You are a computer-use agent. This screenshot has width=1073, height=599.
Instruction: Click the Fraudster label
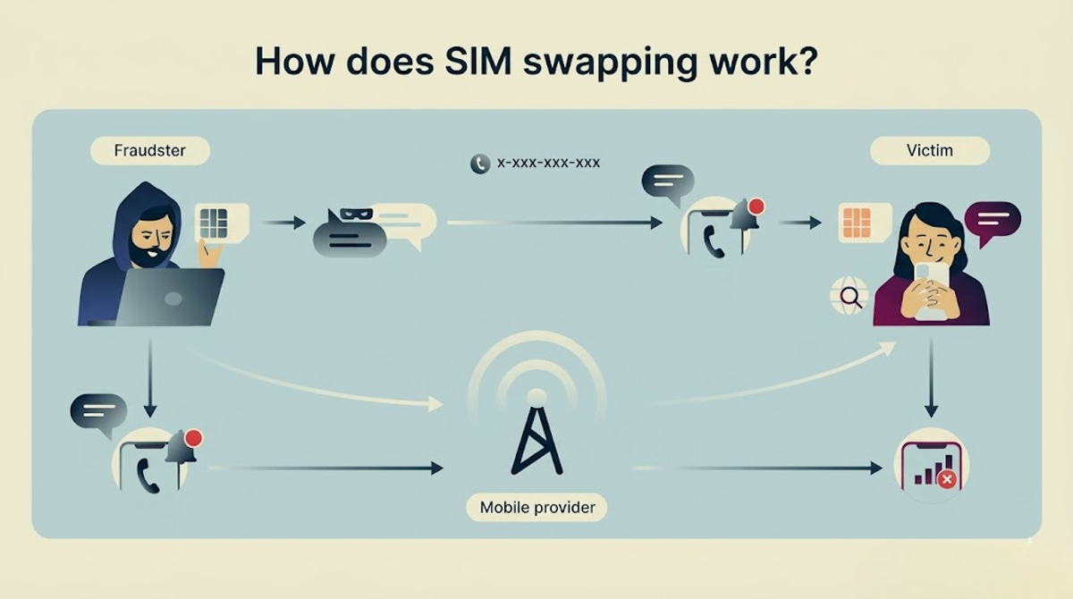(x=150, y=151)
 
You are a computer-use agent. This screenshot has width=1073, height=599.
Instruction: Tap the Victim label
(x=930, y=151)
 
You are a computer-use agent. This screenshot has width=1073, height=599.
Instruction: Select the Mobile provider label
(x=537, y=507)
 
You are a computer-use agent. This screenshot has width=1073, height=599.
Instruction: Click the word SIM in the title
(x=478, y=62)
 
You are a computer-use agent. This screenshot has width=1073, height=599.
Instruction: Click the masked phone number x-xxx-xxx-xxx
(x=548, y=164)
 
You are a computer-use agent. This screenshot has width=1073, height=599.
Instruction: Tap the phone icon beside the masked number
(x=480, y=164)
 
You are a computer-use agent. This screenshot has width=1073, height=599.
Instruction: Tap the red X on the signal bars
(x=947, y=479)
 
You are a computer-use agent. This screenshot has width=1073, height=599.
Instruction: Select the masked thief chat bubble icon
(x=350, y=232)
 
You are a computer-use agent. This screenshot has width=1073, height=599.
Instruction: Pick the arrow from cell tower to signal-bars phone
(x=758, y=468)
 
